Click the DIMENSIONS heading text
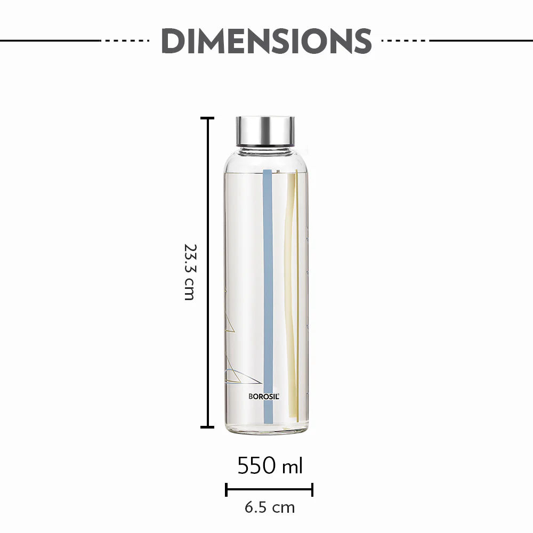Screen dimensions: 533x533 point(266,41)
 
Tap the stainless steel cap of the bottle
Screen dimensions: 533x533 point(265,130)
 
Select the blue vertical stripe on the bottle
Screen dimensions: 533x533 point(268,293)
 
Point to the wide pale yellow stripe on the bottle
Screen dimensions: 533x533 point(290,293)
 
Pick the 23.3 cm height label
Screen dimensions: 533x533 point(189,272)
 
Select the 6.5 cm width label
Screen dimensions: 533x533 point(269,507)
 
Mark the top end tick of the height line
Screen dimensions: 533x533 point(207,118)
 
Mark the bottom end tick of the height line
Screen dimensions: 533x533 point(207,426)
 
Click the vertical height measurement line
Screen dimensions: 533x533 point(207,272)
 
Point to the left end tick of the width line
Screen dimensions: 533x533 point(227,489)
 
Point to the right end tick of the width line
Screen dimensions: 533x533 point(312,489)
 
